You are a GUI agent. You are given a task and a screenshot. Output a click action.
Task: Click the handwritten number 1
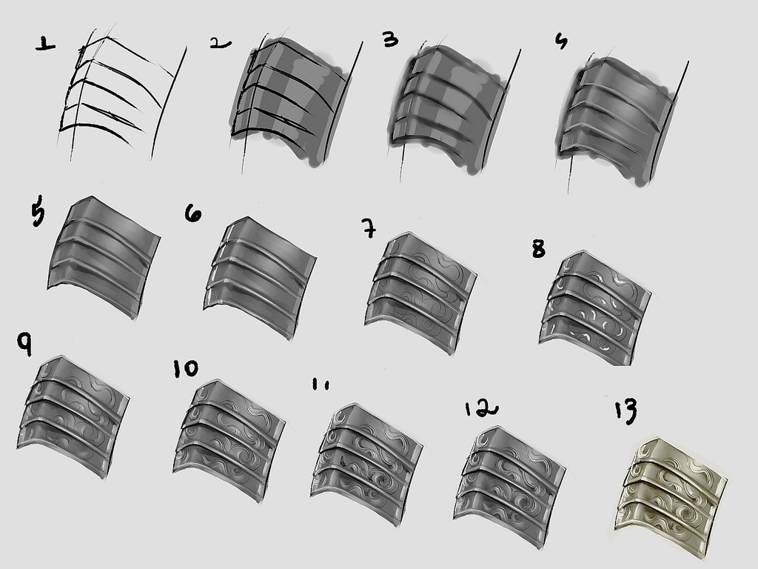pyautogui.click(x=45, y=45)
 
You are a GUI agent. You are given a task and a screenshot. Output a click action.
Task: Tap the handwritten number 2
pyautogui.click(x=221, y=44)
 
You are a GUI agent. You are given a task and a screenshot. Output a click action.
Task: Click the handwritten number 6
pyautogui.click(x=193, y=213)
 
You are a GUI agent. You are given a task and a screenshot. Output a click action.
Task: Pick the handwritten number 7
pyautogui.click(x=369, y=227)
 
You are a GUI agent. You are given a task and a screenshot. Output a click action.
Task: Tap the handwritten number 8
pyautogui.click(x=539, y=249)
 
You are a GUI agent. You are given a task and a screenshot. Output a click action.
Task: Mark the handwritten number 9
pyautogui.click(x=24, y=344)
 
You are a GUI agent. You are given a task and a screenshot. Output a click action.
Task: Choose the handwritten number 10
pyautogui.click(x=186, y=369)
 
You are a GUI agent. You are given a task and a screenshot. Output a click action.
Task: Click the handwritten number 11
pyautogui.click(x=321, y=385)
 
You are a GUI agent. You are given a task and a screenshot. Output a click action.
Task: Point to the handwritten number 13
pyautogui.click(x=626, y=411)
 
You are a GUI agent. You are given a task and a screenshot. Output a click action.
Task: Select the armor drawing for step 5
pyautogui.click(x=104, y=256)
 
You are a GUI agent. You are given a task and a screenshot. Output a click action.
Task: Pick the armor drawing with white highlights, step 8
pyautogui.click(x=594, y=307)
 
